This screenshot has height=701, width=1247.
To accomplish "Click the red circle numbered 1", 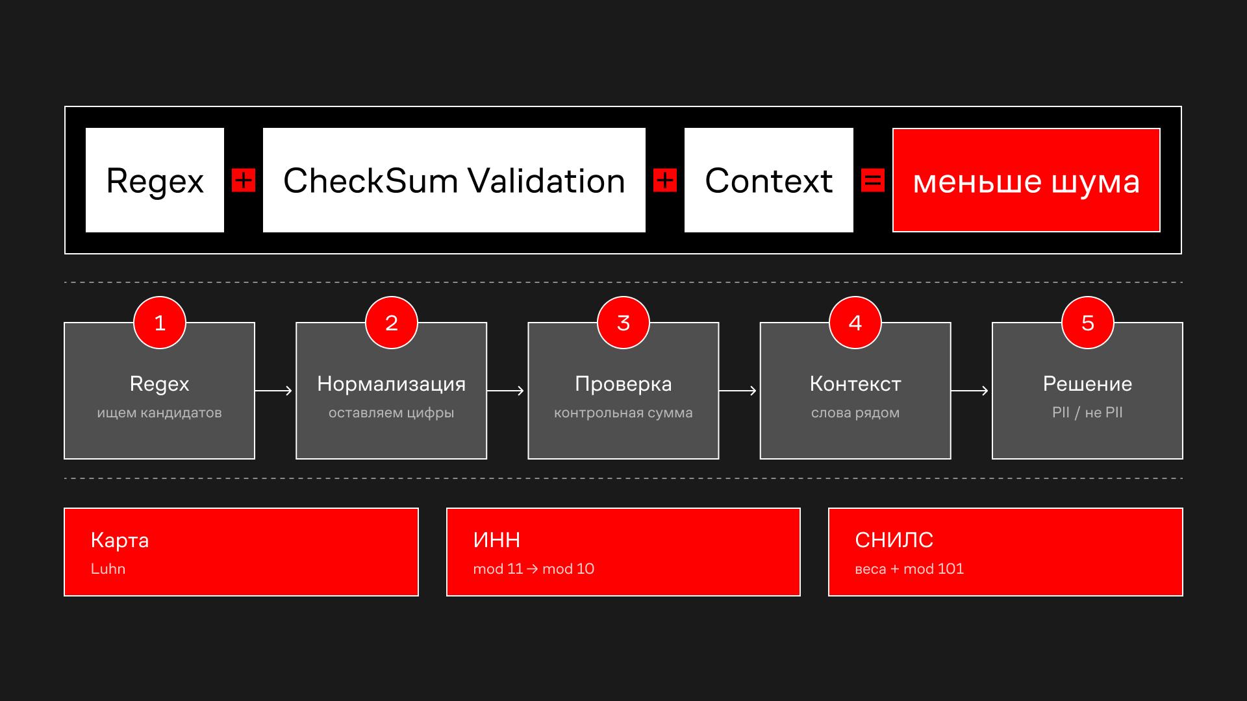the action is coord(160,323).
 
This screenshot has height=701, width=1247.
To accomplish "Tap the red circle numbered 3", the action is coord(623,323).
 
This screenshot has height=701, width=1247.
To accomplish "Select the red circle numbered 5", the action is coord(1088,323).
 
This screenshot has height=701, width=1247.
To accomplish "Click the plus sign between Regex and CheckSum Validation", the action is coord(244,180).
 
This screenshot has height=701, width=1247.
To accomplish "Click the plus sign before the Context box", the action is coord(665,180).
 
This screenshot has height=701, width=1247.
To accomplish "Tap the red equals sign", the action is coord(872,180).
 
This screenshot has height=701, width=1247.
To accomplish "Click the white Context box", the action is coord(769,180).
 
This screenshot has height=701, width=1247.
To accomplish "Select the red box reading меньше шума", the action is coord(1026,180).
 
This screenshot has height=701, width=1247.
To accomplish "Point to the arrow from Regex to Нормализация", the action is coord(274,391).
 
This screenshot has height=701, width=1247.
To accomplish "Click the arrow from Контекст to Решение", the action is coord(970,391).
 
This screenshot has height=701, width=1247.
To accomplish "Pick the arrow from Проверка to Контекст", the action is coord(738,391).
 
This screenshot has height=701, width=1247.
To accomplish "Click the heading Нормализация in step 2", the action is coord(392,384).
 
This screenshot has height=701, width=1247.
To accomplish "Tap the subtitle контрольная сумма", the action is coord(623,413).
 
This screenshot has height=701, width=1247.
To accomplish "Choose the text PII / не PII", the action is coord(1087,413).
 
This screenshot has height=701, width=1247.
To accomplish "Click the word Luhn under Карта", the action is coord(108,569).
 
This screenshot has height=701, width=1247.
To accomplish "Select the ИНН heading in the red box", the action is coord(497,540).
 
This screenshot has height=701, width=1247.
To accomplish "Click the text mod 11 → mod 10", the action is coord(534,569).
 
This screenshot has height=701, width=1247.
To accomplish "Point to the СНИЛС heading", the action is coord(894,540).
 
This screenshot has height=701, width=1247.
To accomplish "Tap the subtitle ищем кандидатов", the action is coord(160,413).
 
